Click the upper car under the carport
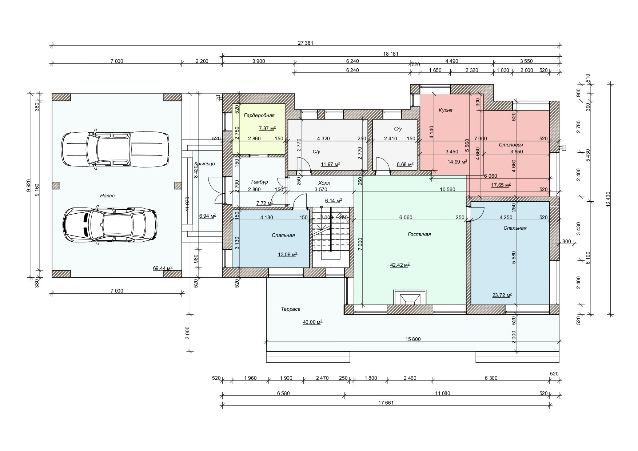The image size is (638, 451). click(115, 149)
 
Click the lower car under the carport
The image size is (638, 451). click(110, 225)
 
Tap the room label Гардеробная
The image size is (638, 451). click(259, 116)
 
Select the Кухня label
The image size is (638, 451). click(446, 110)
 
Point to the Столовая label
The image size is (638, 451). click(511, 145)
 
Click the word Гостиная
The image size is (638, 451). click(419, 234)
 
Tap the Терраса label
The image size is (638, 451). click(291, 309)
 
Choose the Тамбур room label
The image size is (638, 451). click(259, 182)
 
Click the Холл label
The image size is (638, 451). click(324, 183)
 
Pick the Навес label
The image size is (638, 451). click(107, 196)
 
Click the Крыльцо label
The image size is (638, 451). click(204, 164)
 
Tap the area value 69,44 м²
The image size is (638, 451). click(163, 269)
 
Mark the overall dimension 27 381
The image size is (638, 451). click(305, 43)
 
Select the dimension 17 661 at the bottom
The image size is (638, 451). click(386, 403)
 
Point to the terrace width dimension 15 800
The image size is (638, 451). click(413, 339)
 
